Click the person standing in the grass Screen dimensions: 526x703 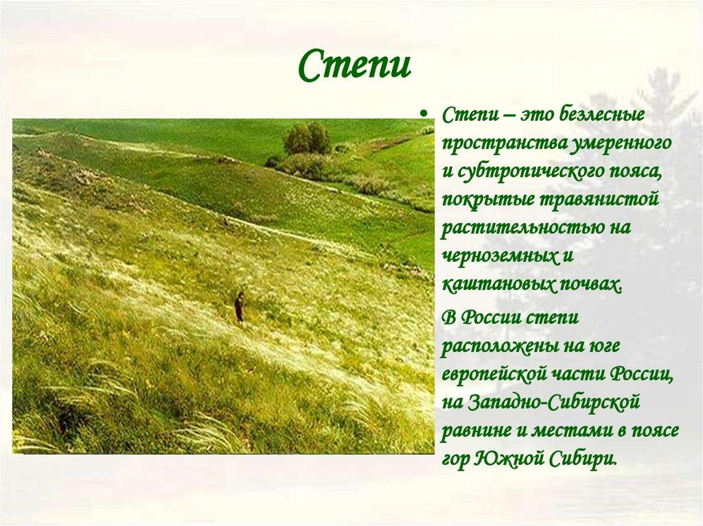pyautogui.click(x=239, y=307)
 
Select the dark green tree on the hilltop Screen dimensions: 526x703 pyautogui.click(x=307, y=139)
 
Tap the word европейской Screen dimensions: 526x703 pyautogui.click(x=494, y=374)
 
